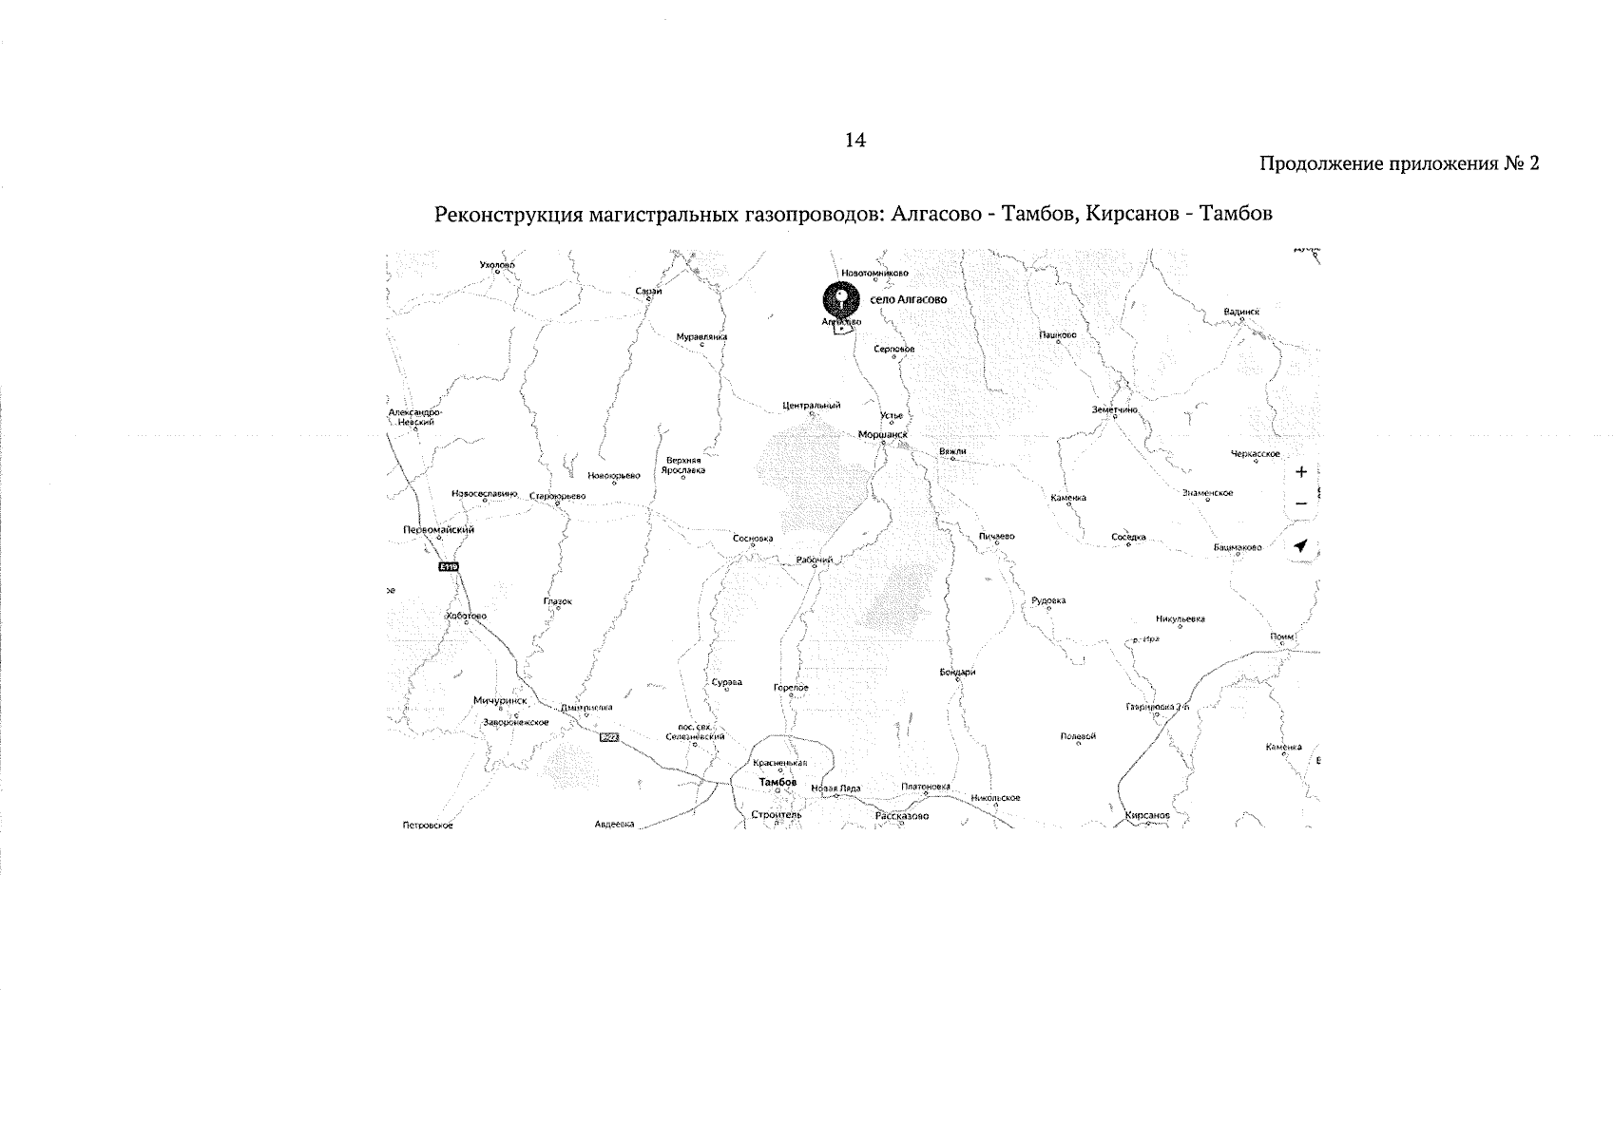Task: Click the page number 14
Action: tap(855, 141)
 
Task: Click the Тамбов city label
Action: tap(778, 782)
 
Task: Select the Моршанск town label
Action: tap(883, 434)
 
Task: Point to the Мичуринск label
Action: tap(500, 700)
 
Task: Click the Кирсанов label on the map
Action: tap(1146, 815)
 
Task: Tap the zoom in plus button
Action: tap(1301, 471)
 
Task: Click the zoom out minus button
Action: tap(1301, 503)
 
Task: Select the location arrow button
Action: tap(1301, 545)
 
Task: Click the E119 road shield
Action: tap(449, 566)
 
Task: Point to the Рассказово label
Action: tap(902, 815)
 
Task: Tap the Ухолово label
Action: tap(497, 264)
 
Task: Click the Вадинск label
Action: tap(1242, 311)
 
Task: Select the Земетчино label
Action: tap(1115, 409)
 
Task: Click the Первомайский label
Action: tap(439, 530)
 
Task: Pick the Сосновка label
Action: tap(753, 538)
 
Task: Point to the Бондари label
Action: tap(957, 672)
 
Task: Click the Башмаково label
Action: tap(1238, 547)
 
